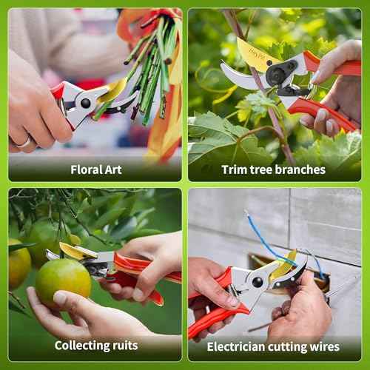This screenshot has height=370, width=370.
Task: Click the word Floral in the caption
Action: (86, 169)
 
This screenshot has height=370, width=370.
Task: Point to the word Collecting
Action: (83, 346)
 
